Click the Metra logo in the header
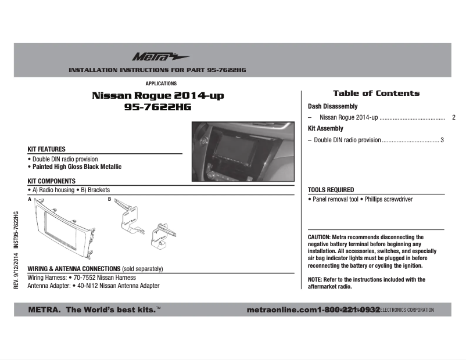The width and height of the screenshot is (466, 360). [x=152, y=57]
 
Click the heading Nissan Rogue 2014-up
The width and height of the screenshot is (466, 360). [x=157, y=95]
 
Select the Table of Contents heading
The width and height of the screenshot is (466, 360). [x=376, y=93]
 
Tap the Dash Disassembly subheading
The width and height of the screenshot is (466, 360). [x=332, y=107]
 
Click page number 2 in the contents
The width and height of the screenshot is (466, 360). [x=453, y=118]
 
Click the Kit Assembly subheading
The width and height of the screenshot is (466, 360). [x=325, y=129]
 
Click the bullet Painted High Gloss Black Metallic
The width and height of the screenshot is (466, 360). [x=77, y=167]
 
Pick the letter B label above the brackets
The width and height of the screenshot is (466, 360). [x=109, y=199]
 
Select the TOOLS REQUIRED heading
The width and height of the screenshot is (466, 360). [x=331, y=190]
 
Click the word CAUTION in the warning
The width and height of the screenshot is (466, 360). [x=319, y=237]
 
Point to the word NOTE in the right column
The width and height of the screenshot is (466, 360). [x=314, y=280]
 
